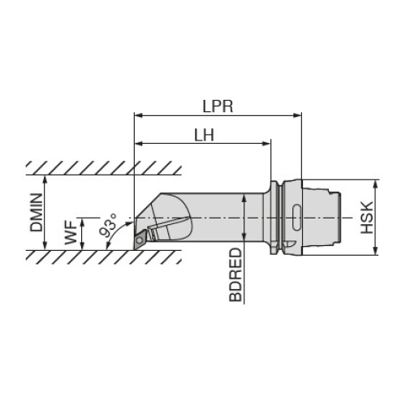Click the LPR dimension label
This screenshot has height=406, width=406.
[218, 106]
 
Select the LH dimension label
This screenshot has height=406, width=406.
[205, 135]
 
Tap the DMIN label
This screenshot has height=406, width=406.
[37, 213]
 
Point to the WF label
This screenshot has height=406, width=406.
[71, 233]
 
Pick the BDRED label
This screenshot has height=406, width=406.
[235, 274]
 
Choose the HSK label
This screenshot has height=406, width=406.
[367, 218]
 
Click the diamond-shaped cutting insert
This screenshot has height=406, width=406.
[140, 239]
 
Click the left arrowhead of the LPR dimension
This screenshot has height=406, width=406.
[138, 115]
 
